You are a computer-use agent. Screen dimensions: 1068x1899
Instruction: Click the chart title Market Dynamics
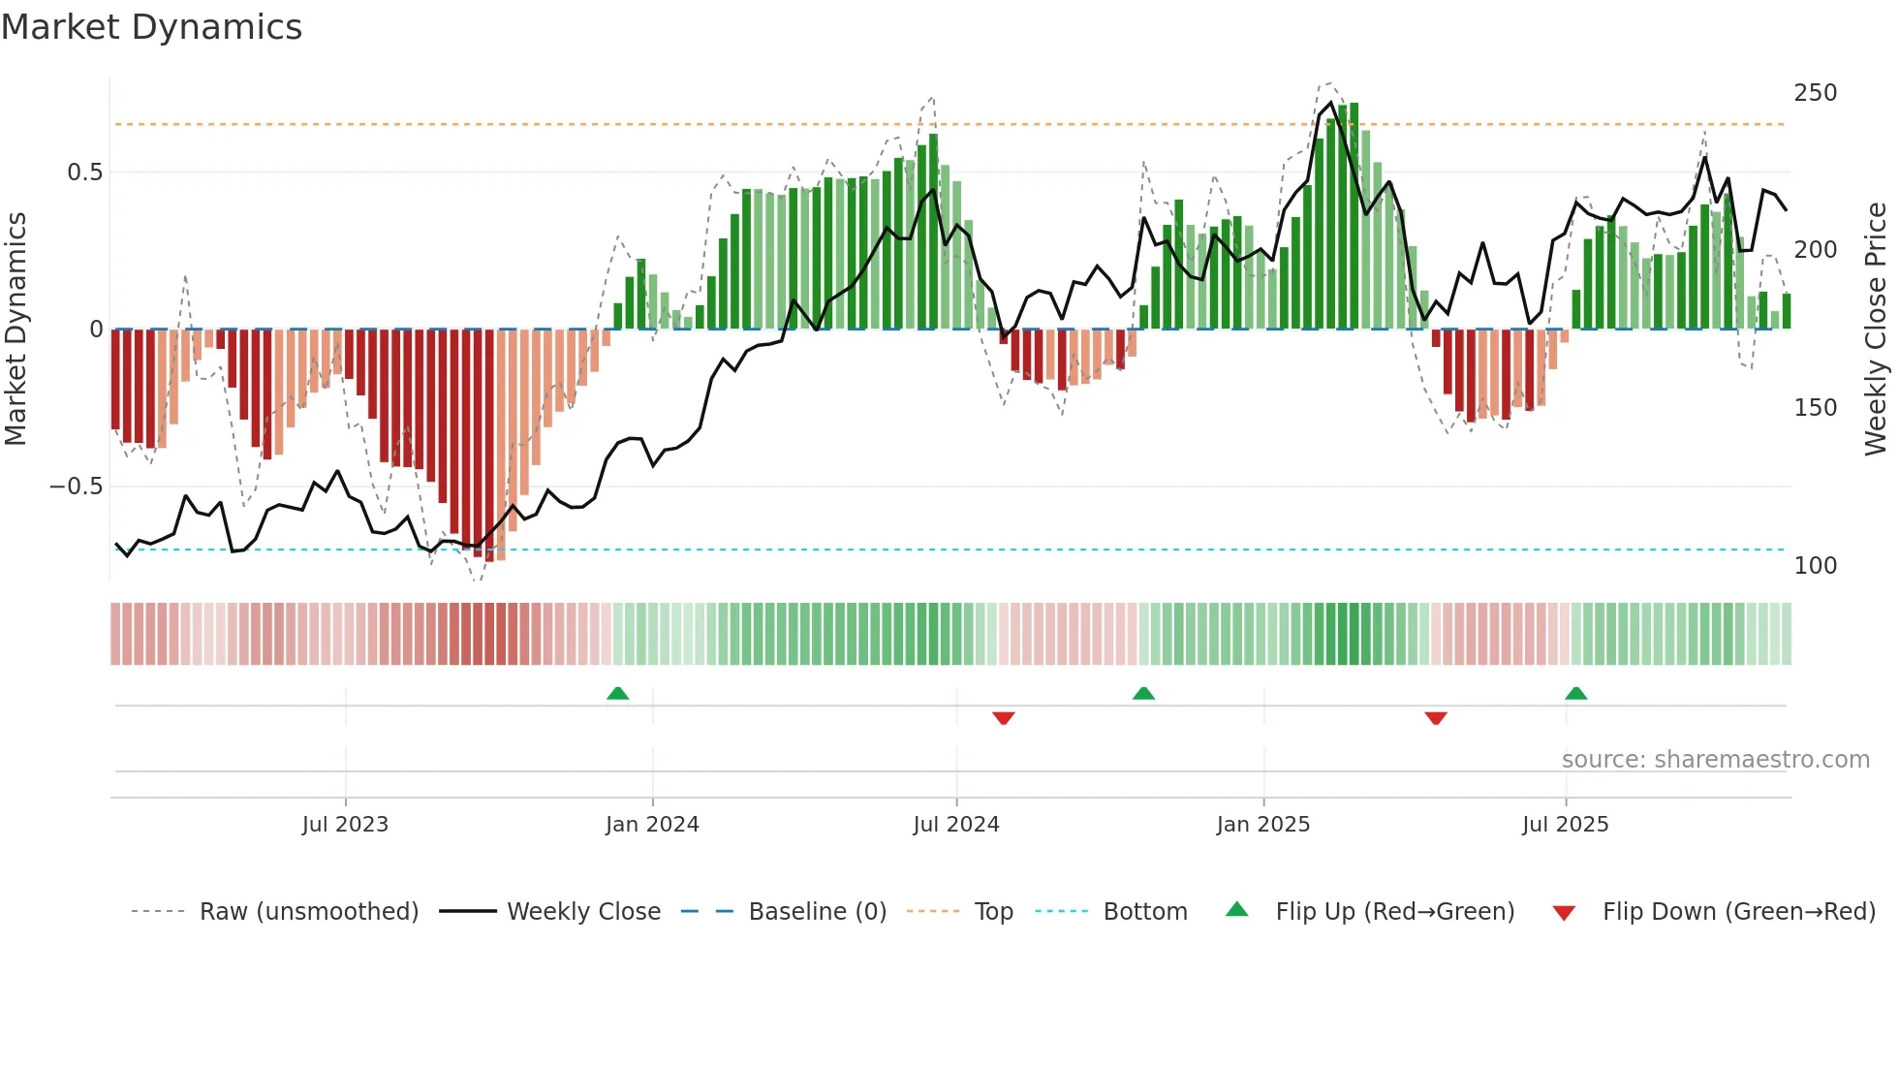click(152, 27)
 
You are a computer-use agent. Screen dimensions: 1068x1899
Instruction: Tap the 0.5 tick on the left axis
click(84, 173)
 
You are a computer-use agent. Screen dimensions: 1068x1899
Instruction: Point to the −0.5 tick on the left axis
click(77, 487)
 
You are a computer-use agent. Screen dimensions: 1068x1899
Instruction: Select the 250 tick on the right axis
click(1815, 93)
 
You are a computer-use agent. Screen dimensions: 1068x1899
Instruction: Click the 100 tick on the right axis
click(1815, 566)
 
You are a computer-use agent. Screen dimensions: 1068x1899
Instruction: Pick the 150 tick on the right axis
click(1815, 408)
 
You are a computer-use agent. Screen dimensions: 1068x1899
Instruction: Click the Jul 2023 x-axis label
click(345, 825)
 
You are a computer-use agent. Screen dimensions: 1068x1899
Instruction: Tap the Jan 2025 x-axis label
click(1262, 825)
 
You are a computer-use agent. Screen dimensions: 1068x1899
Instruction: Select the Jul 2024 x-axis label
click(955, 825)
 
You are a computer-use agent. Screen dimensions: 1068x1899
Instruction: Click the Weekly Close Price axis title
click(1876, 330)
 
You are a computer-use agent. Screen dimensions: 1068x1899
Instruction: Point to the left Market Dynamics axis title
click(16, 330)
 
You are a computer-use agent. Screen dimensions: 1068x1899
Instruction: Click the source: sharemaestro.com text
click(1715, 760)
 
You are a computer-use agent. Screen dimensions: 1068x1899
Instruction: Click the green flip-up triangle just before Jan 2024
click(617, 693)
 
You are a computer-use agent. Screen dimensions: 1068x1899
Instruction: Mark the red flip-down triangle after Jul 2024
click(1003, 718)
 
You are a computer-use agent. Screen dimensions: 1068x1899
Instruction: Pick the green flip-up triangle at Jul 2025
click(1575, 693)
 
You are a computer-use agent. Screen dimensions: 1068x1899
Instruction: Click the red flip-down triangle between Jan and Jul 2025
click(1436, 718)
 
